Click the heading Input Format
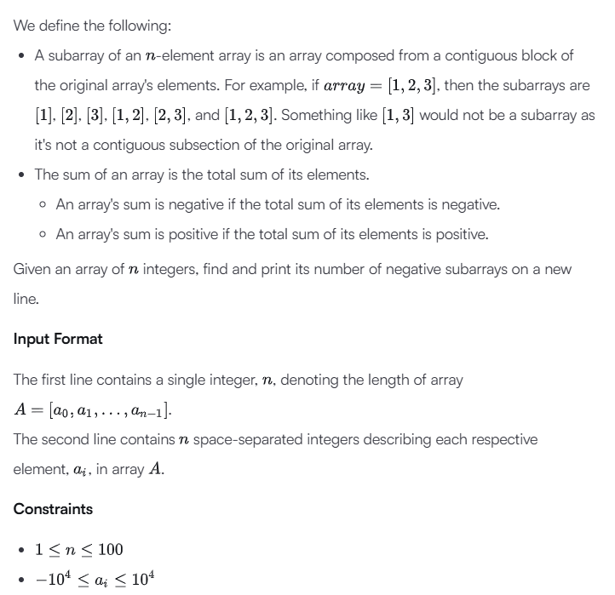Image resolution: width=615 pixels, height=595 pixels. coord(58,339)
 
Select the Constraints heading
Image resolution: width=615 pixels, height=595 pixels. coord(53,509)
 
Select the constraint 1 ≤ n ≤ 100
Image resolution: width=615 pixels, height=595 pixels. coord(79,549)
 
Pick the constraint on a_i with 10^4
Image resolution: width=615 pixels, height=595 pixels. coord(95,580)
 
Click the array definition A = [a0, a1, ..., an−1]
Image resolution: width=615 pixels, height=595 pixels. coord(93,410)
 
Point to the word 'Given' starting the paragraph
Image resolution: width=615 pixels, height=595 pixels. coord(33,269)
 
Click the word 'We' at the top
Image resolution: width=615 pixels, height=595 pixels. coord(24,26)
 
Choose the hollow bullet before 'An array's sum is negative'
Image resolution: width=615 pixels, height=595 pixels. coord(43,205)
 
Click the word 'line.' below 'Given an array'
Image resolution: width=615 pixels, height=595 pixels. coord(26,300)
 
